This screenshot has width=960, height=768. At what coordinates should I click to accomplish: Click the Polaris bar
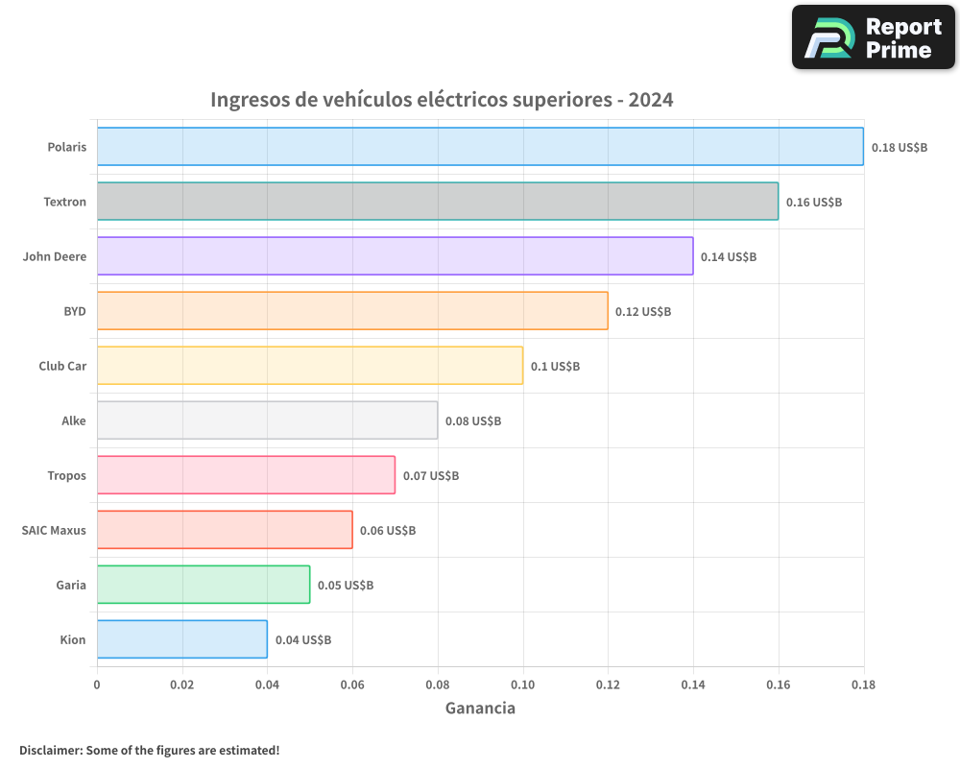coord(480,147)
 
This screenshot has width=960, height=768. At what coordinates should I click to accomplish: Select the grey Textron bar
coord(437,202)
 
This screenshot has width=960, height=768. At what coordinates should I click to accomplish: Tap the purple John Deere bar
coord(395,256)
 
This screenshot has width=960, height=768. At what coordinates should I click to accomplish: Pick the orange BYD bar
coord(352,311)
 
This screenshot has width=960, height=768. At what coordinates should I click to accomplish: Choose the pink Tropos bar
coord(246,475)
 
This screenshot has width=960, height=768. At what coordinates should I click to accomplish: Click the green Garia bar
coord(204,585)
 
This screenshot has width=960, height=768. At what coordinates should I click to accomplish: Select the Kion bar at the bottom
coord(182,639)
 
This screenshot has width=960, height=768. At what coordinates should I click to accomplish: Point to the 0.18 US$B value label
coord(900,148)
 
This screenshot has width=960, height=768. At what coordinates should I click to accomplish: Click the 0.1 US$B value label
coord(555,367)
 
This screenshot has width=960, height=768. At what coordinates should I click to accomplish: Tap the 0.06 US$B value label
coord(388,531)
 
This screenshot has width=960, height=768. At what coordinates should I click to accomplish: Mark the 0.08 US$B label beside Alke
coord(473,421)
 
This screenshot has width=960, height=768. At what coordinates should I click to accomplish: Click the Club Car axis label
coord(62,367)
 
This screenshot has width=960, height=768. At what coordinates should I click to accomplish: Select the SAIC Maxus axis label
coord(54,531)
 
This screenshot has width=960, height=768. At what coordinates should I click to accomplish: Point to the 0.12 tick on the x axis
coord(608,685)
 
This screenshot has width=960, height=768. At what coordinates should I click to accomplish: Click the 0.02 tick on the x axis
coord(182,685)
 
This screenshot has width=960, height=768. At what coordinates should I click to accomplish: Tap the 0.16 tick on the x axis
coord(779,685)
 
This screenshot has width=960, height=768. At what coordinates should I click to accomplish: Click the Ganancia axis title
coord(480,708)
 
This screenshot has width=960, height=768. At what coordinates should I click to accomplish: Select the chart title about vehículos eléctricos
coord(442,100)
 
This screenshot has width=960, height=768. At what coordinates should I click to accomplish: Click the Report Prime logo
coord(873,37)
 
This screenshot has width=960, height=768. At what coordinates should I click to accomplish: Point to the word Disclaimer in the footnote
coord(50,750)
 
